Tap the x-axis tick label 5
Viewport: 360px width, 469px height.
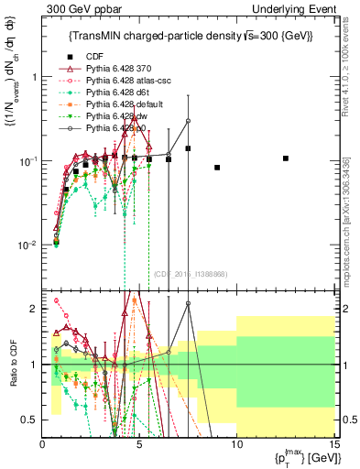pyautogui.click(x=139, y=444)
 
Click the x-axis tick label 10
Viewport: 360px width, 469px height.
pyautogui.click(x=235, y=444)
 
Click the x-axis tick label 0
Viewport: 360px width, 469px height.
pyautogui.click(x=43, y=444)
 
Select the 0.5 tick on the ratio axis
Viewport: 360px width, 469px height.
pyautogui.click(x=34, y=420)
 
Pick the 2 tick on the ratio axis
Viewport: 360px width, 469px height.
pyautogui.click(x=36, y=308)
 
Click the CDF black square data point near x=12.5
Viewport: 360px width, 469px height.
pyautogui.click(x=284, y=158)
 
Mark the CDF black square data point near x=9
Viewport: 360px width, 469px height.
pyautogui.click(x=217, y=168)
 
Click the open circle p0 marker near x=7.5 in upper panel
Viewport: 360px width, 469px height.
pyautogui.click(x=188, y=120)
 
